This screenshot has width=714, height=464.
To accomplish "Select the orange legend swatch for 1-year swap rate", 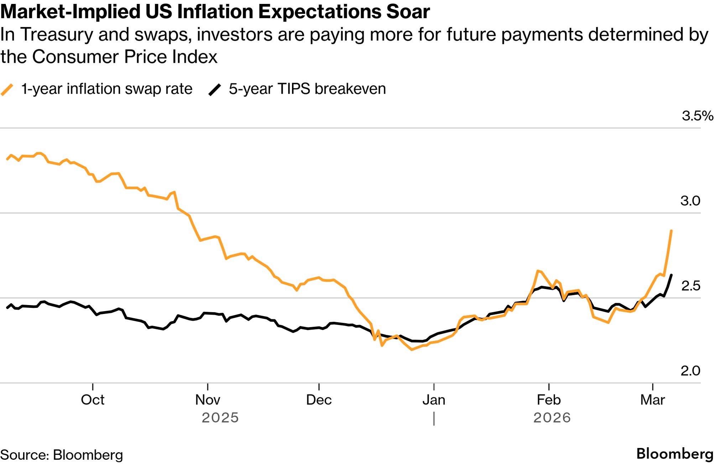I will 7,89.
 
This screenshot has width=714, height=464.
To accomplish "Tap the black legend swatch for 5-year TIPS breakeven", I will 215,89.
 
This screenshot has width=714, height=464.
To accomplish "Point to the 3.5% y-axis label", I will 697,116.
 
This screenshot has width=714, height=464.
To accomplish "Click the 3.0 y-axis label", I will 690,201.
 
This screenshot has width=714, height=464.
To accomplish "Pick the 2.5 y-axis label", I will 690,286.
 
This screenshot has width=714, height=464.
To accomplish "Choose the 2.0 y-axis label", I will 690,371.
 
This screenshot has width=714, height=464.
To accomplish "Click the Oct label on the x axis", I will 93,400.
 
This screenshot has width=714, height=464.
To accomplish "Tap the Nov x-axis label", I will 208,400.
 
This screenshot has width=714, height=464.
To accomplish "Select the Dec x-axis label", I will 319,400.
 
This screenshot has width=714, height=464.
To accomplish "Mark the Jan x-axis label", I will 434,400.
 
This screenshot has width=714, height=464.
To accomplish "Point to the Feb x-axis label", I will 549,400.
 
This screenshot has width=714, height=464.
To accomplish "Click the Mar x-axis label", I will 652,400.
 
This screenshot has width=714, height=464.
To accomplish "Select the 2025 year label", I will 220,418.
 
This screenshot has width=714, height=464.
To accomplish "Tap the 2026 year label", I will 552,418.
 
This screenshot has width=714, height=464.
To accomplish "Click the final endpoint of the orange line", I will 671,231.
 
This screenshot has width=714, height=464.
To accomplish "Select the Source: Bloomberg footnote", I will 62,455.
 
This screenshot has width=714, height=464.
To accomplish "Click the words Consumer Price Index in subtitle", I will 125,57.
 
